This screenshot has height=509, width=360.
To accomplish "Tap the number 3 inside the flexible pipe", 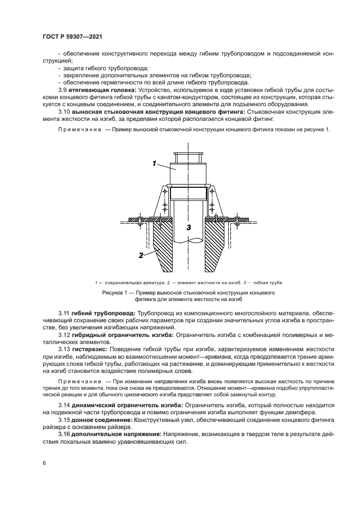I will (x=187, y=228).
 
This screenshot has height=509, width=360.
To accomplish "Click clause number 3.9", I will (x=63, y=89).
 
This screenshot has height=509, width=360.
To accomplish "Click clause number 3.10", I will (x=65, y=111).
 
